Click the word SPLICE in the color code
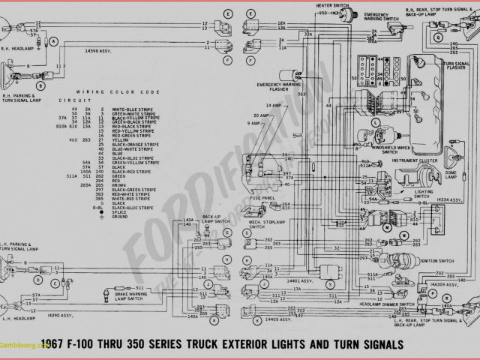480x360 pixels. coord(119,211)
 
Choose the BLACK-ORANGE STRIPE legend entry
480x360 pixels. coord(135,143)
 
